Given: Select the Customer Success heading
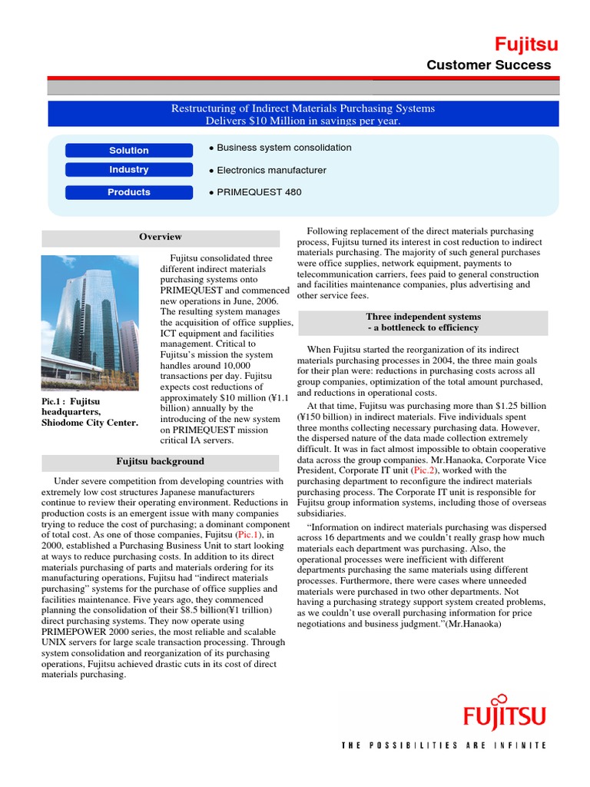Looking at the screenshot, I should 489,65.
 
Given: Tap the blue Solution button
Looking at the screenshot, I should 129,151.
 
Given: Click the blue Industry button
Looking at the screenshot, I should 129,170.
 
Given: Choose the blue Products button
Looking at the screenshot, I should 129,192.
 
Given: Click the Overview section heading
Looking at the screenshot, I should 161,237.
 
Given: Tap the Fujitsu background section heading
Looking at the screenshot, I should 161,462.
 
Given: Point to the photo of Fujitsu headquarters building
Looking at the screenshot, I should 89,322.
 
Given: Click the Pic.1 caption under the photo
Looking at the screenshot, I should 89,412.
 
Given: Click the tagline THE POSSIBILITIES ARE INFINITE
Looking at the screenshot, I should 444,745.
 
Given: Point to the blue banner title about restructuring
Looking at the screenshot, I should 303,115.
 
